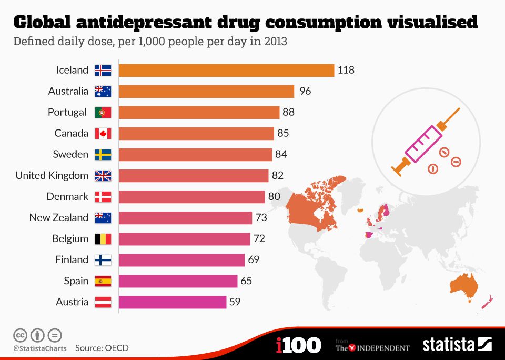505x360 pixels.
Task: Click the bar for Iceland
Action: [226, 70]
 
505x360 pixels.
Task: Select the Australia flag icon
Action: [103, 91]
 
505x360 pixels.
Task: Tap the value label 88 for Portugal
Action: [288, 112]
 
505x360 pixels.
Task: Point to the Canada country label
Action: [71, 133]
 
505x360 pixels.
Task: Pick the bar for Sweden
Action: [195, 154]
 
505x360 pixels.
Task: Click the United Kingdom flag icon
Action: [103, 175]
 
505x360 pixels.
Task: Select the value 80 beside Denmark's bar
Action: [274, 196]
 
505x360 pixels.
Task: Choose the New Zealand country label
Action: [58, 217]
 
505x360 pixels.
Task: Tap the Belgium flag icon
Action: [103, 238]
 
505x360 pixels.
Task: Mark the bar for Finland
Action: [181, 259]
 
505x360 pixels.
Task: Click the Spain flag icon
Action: [103, 281]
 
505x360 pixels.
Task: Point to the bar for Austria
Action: [173, 302]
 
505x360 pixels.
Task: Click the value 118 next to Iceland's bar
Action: [346, 70]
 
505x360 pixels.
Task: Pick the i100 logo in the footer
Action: [298, 345]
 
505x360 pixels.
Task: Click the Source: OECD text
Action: [102, 348]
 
